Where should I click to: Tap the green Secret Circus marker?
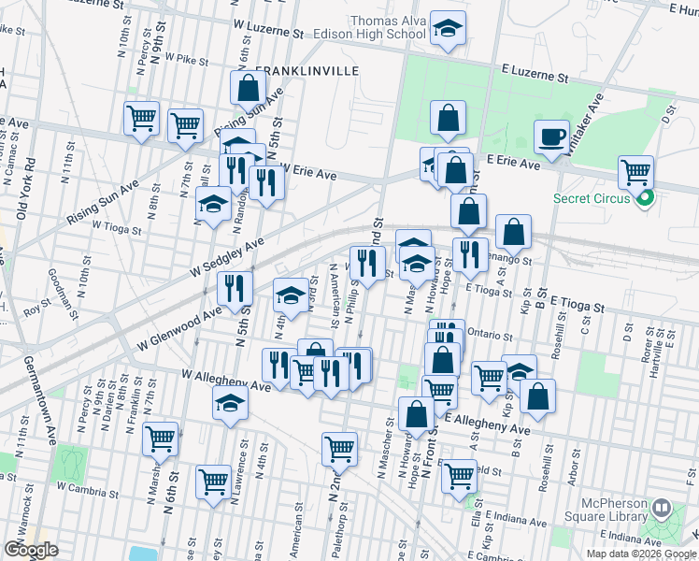pyautogui.click(x=644, y=197)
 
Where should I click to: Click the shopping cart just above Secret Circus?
pyautogui.click(x=635, y=172)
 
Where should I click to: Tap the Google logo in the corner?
pyautogui.click(x=31, y=550)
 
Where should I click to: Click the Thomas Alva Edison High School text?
pyautogui.click(x=388, y=28)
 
